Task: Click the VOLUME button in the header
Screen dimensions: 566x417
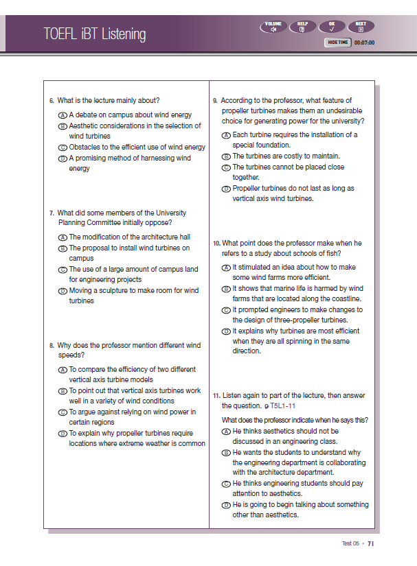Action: [x=273, y=27]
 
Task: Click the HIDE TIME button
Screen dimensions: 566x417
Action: [x=338, y=42]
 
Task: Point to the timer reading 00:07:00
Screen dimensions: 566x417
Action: [x=364, y=42]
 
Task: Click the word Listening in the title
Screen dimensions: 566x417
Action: [x=120, y=34]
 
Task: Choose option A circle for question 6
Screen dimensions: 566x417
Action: [x=63, y=115]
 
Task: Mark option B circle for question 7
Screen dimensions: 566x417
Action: [x=63, y=248]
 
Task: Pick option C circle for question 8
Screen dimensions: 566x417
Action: [x=63, y=412]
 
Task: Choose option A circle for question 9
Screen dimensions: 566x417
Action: [x=226, y=136]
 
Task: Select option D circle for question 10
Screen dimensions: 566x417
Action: [x=226, y=331]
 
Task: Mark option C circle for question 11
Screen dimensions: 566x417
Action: [x=226, y=484]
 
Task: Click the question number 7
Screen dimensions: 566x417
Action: [x=52, y=213]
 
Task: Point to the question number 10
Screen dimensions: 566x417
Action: [x=216, y=244]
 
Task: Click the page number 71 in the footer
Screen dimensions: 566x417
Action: [x=370, y=543]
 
